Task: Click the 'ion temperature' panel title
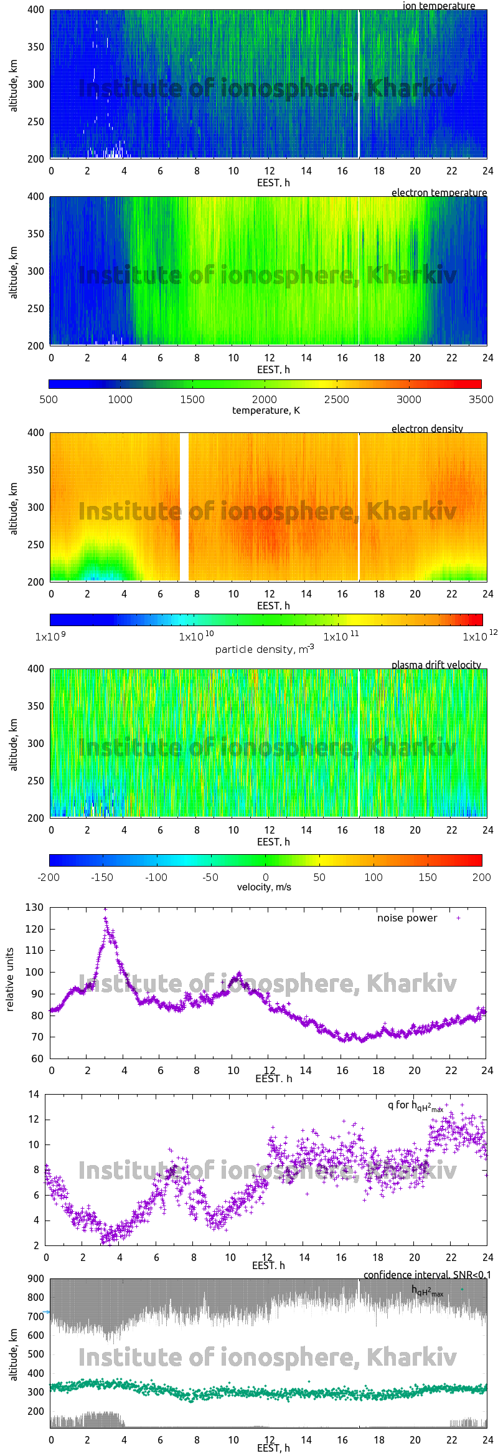coord(438,6)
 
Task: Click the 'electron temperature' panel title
coord(439,193)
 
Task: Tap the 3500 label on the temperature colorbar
coord(481,399)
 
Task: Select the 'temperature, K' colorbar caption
coord(266,411)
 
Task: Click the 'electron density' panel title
coord(427,429)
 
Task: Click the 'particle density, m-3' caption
coord(264,649)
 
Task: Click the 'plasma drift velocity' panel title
coord(436,665)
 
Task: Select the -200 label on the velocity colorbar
coord(49,877)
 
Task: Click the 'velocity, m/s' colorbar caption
coord(264,887)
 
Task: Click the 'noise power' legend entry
coord(407,918)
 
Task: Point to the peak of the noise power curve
coord(105,918)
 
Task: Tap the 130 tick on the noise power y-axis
coord(34,908)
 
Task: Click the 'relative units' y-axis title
coord(9,980)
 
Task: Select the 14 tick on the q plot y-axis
coord(34,1094)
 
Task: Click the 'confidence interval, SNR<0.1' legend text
coord(426,1275)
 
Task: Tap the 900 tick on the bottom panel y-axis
coord(36,1278)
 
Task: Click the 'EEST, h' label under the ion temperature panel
coord(273,183)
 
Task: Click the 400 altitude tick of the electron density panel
coord(36,432)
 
